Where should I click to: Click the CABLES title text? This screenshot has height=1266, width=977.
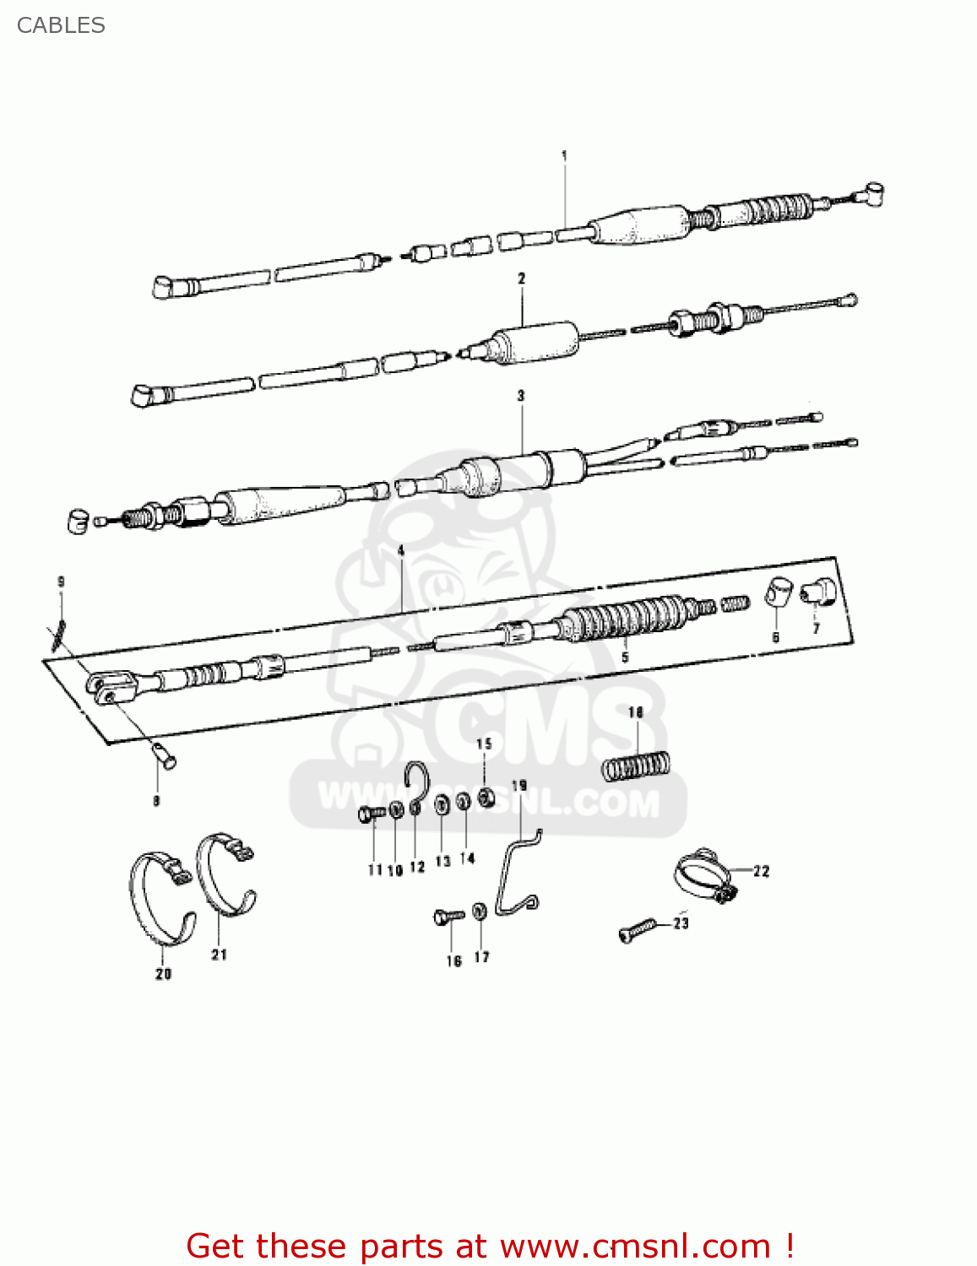pos(61,25)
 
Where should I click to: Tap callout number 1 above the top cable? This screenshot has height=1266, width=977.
pos(564,155)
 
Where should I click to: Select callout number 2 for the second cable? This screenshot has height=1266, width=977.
pos(521,278)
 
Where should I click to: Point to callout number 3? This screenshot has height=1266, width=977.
pos(521,395)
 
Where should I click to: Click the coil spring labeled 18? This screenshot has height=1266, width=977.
pos(637,766)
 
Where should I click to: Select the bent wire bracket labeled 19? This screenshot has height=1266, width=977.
pos(516,872)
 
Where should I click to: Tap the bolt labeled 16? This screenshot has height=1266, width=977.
pos(448,916)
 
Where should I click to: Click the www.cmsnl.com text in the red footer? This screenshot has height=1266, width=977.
pos(634,1247)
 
